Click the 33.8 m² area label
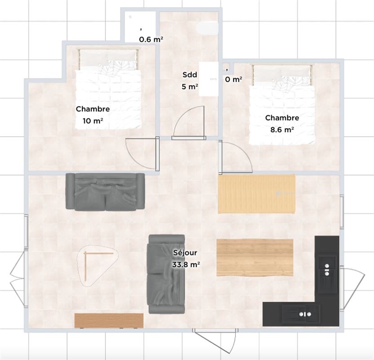(x=186, y=265)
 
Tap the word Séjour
(x=185, y=252)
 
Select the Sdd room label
(x=190, y=75)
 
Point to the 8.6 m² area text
(x=282, y=130)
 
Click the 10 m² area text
(x=93, y=121)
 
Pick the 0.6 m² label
(x=151, y=39)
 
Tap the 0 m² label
(x=233, y=79)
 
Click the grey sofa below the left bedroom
(x=105, y=192)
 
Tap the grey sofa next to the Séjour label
(x=167, y=274)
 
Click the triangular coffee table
(x=98, y=265)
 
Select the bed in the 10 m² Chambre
(x=108, y=89)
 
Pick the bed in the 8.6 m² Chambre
(x=282, y=104)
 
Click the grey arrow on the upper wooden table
(x=285, y=193)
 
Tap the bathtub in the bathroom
(x=207, y=27)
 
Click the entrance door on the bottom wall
(x=216, y=340)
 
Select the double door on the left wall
(x=18, y=278)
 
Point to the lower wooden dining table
(x=255, y=257)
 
